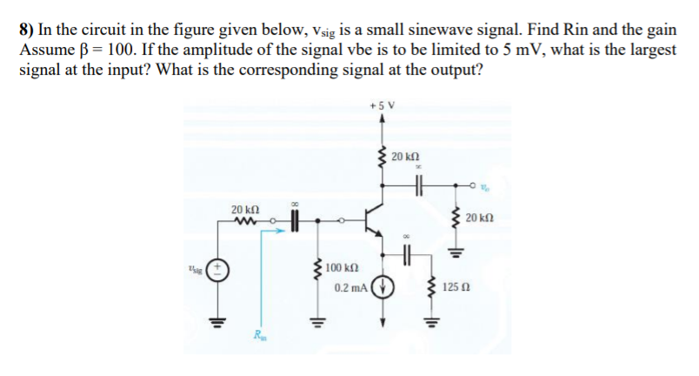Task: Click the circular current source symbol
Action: coord(382,287)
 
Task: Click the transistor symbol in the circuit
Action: coord(376,217)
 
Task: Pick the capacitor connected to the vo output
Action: coord(417,185)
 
